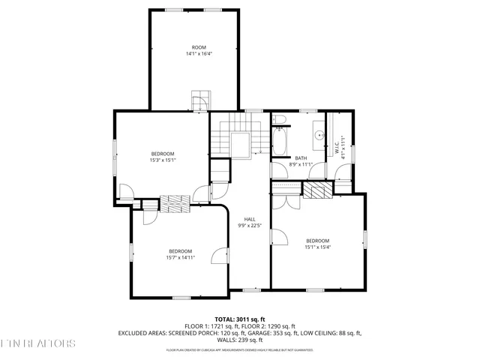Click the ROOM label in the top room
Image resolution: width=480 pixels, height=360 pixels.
coord(199,47)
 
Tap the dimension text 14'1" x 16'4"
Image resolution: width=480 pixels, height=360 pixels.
coord(199,54)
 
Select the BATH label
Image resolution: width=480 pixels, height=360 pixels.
coord(301,157)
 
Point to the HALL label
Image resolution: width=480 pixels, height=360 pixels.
coord(250,219)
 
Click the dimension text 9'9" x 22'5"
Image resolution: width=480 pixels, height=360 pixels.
coord(250,226)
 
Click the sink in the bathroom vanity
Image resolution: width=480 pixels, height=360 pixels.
coord(318,136)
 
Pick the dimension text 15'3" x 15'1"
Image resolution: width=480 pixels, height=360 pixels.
coord(163,159)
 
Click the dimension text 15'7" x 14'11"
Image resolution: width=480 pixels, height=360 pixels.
coord(180,257)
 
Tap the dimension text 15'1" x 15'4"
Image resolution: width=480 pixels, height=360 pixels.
coord(317,247)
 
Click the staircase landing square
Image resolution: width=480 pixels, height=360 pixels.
coord(241,145)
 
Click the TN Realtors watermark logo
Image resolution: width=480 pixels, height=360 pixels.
coord(37,344)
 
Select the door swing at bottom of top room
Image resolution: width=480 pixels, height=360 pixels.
coord(200,101)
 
